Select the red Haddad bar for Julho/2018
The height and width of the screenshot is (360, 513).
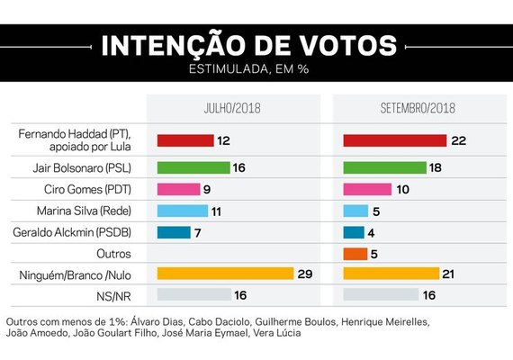[184, 140]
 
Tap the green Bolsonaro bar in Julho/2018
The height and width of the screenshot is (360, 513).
[193, 167]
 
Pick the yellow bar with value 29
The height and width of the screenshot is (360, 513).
[225, 273]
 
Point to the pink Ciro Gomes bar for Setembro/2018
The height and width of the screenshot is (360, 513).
[367, 189]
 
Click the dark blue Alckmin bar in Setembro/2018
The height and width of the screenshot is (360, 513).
[353, 232]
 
